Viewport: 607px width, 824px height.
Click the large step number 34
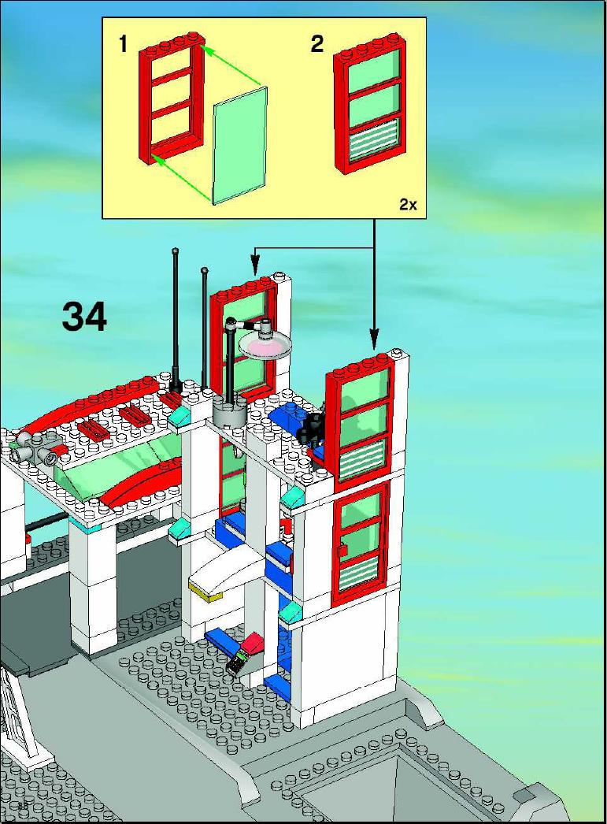point(84,317)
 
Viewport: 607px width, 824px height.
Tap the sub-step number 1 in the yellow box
point(124,43)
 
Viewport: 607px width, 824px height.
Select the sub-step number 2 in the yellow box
point(317,43)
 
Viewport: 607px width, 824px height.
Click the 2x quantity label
point(408,204)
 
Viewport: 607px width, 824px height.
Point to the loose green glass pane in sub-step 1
point(240,145)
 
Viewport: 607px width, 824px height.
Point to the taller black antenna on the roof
point(175,321)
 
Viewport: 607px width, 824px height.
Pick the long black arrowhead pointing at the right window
point(374,340)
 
